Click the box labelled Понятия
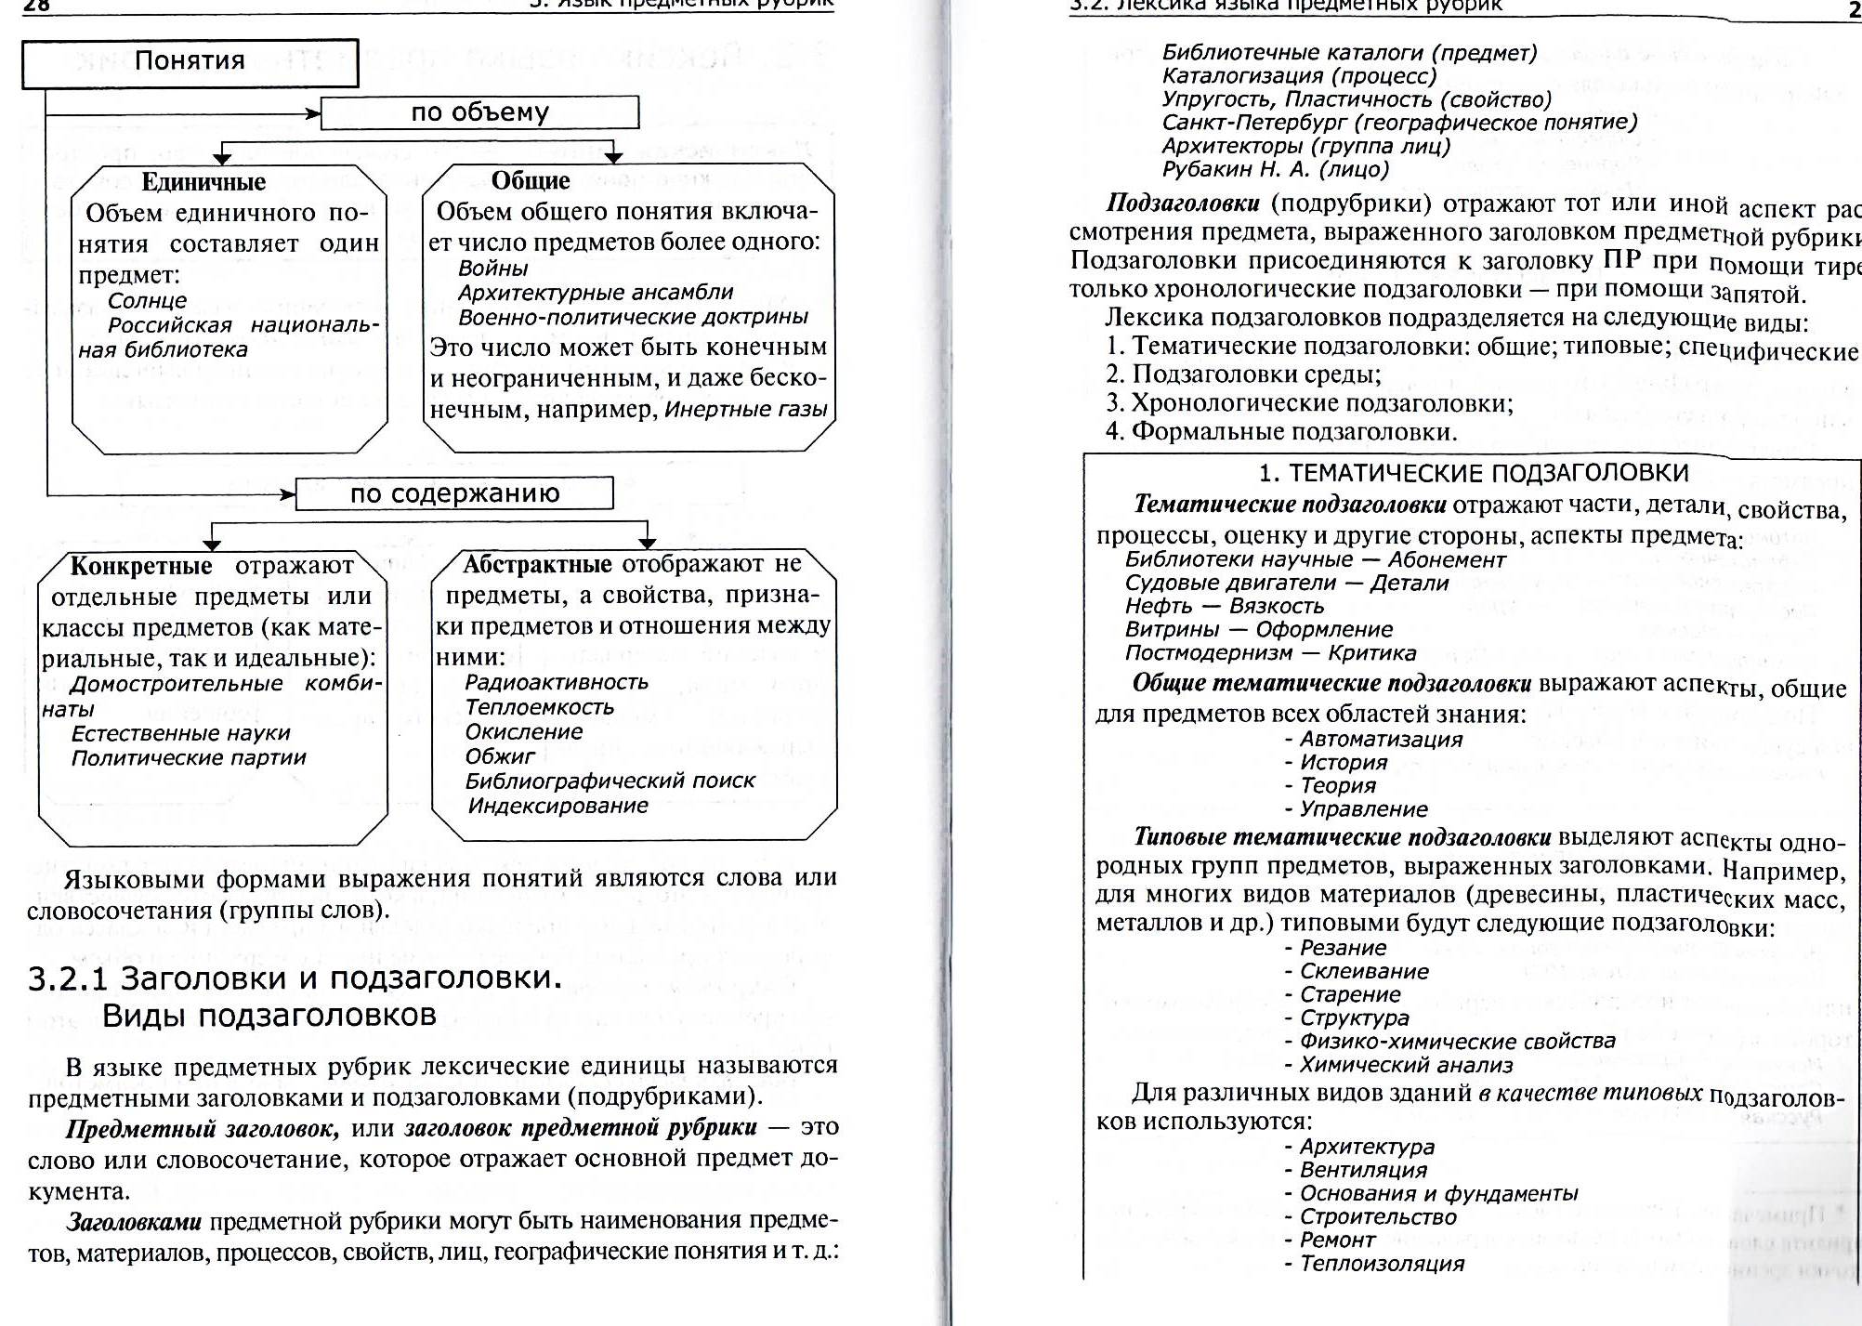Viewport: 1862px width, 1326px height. pos(190,62)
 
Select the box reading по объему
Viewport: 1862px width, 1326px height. pos(479,113)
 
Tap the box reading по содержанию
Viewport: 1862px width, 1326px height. pos(454,493)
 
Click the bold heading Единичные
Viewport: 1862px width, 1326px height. pos(203,182)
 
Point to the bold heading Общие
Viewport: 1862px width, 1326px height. pos(531,181)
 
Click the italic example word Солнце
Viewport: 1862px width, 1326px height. pos(147,301)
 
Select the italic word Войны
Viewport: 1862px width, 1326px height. pos(492,269)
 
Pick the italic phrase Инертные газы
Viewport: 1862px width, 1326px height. pos(746,410)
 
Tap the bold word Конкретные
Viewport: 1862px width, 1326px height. pos(141,566)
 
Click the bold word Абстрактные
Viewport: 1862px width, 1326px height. pos(537,564)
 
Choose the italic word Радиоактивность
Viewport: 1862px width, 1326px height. pos(557,682)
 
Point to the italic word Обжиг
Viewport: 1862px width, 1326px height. pos(500,756)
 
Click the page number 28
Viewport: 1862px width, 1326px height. pos(37,6)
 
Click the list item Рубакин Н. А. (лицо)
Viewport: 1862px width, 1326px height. pos(1275,169)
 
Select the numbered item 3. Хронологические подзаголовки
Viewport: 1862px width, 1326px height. pos(1309,403)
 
